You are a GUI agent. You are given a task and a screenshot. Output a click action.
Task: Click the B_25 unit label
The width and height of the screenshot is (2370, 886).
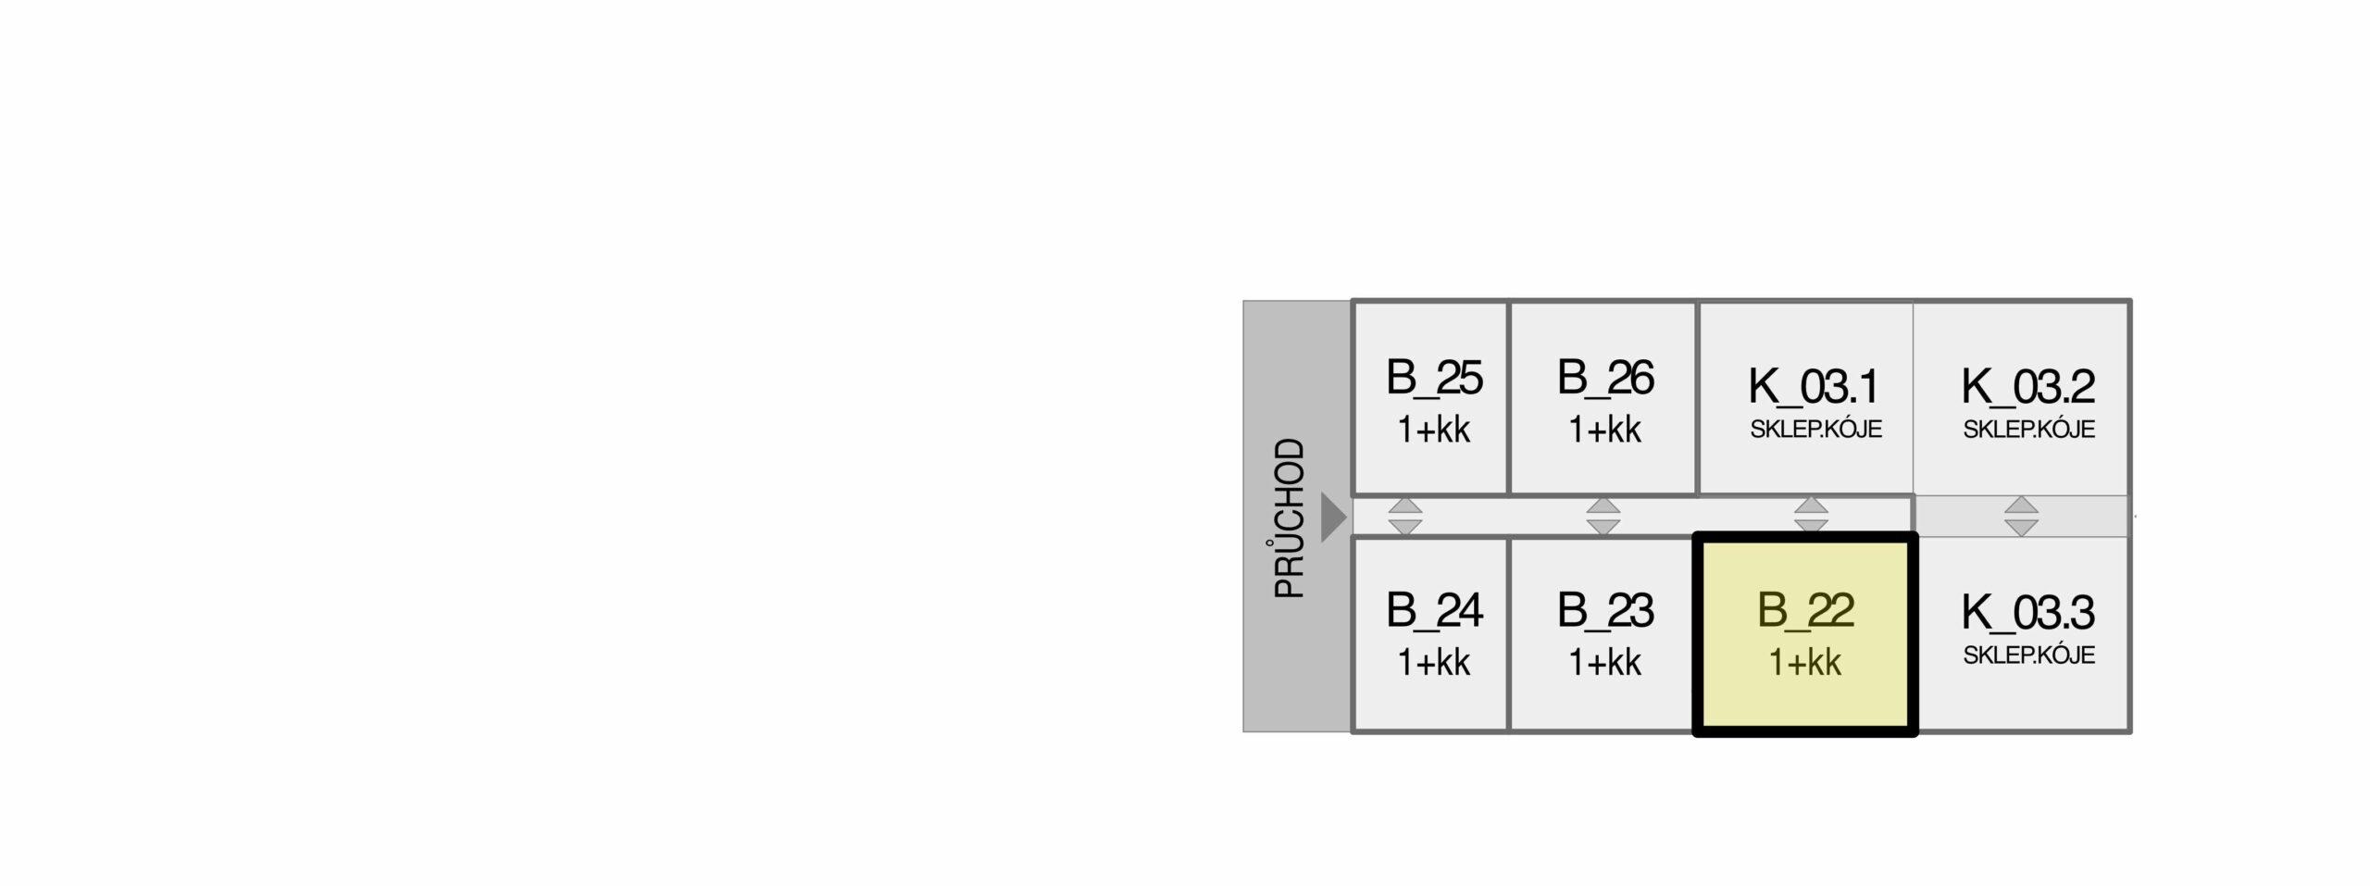tap(1434, 378)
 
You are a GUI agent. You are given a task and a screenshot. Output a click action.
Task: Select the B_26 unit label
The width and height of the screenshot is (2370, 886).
tap(1605, 378)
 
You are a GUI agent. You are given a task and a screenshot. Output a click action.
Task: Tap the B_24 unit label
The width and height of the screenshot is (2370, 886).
tap(1434, 611)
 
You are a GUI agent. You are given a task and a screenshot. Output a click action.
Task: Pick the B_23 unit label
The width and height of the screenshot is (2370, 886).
tap(1605, 611)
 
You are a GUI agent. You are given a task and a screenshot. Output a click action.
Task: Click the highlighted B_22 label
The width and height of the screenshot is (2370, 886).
tap(1805, 611)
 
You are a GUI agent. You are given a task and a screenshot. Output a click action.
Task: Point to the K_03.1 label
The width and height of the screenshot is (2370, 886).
tap(1814, 387)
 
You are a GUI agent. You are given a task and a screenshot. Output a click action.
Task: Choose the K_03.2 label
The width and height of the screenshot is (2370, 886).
tap(2028, 387)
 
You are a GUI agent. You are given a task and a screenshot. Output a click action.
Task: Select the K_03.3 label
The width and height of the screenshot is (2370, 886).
tap(2028, 613)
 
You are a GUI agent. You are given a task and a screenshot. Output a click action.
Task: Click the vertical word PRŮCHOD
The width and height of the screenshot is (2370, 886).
tap(1290, 518)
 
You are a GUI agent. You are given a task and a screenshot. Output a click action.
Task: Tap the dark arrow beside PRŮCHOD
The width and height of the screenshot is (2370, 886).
tap(1333, 517)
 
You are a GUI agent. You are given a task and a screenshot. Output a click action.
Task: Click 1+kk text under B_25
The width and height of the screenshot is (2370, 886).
tap(1434, 431)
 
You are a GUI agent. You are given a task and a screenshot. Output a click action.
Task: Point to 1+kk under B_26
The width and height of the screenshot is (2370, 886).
tap(1605, 431)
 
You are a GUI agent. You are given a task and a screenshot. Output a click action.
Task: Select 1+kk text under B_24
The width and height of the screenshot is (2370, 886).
tap(1434, 663)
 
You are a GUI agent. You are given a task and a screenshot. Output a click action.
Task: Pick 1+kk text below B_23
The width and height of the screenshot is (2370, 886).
tap(1605, 663)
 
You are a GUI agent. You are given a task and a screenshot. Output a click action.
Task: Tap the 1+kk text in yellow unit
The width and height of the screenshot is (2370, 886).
tap(1805, 663)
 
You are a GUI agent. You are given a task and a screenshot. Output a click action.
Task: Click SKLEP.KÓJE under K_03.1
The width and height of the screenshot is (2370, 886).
tap(1815, 430)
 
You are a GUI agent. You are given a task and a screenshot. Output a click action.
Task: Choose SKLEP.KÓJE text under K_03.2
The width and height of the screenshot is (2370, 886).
tap(2028, 430)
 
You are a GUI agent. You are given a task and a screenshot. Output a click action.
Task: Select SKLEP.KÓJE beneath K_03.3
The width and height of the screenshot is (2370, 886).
tap(2028, 655)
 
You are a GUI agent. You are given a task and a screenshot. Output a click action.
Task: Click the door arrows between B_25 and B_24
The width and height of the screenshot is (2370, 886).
tap(1405, 517)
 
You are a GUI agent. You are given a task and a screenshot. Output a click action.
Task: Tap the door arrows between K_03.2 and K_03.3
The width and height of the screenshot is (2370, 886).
tap(2021, 517)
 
